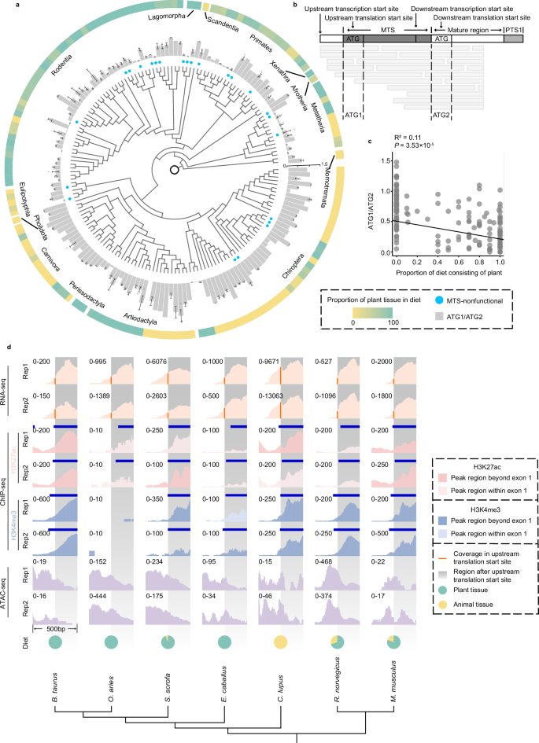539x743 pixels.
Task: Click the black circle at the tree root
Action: [x=173, y=170]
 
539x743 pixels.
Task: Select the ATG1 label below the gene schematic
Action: [x=353, y=115]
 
